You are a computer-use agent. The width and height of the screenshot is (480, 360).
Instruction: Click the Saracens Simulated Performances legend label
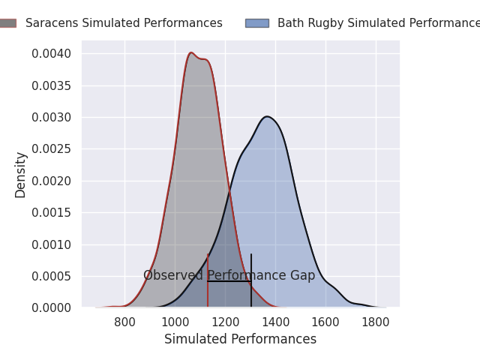point(124,23)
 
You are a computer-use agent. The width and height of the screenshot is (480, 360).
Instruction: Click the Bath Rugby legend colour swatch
point(256,23)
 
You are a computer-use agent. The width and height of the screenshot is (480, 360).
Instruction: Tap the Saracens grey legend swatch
point(7,23)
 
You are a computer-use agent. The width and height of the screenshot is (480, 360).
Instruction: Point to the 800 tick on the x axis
point(124,322)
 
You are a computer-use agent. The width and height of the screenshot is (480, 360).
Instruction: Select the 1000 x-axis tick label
point(175,322)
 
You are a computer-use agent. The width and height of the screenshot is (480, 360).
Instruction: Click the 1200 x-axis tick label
point(225,322)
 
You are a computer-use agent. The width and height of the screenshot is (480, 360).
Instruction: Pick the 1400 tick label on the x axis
point(275,322)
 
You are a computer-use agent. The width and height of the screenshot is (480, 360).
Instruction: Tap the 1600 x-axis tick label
point(325,322)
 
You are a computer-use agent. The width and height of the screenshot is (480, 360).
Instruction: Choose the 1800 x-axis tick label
point(376,322)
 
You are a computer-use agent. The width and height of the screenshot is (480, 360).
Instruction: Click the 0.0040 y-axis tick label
point(52,54)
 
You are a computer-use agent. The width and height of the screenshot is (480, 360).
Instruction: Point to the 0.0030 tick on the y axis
point(52,118)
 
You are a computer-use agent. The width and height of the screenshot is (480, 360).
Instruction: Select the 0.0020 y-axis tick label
point(52,181)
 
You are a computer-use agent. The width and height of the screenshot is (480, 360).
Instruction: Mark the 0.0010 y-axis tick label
point(52,244)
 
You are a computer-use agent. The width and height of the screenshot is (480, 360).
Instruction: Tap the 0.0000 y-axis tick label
point(52,307)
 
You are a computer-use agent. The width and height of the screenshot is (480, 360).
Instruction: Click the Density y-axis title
point(21,175)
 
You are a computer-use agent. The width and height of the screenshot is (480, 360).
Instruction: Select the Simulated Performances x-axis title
point(240,340)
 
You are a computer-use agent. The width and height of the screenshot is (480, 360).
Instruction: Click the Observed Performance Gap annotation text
point(229,276)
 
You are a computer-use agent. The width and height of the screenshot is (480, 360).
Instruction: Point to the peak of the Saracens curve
point(191,52)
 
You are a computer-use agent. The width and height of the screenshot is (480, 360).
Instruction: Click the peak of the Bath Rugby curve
point(267,116)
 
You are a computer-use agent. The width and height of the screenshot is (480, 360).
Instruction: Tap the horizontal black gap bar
point(229,281)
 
